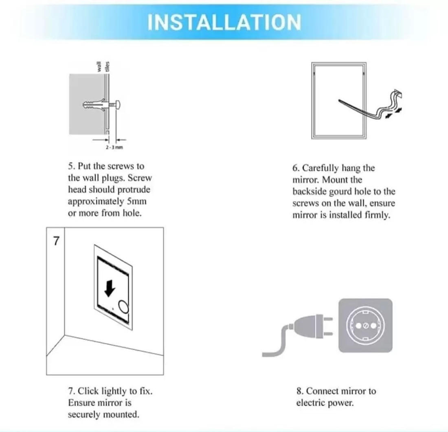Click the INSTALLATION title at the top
point(224,22)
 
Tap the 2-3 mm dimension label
point(114,148)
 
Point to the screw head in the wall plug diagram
point(118,105)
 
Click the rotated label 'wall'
point(99,66)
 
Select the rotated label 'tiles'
point(108,66)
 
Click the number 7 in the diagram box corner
point(56,241)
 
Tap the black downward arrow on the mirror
point(110,288)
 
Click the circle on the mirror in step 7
point(124,307)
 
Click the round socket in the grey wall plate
point(365,325)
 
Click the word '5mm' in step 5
point(136,201)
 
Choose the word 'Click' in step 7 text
point(88,391)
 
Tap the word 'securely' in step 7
point(84,414)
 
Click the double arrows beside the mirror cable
point(394,113)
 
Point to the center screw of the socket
point(365,326)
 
